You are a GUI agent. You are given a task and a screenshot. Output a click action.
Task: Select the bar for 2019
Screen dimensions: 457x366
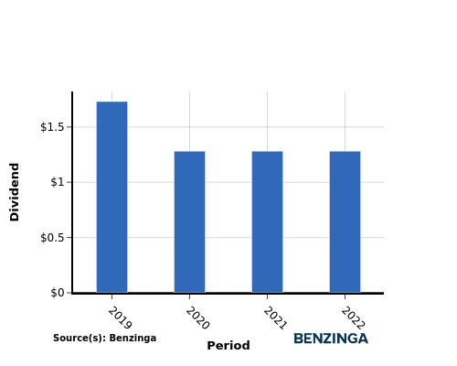pos(112,197)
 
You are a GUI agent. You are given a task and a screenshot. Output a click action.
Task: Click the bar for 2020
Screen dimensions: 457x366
pos(189,222)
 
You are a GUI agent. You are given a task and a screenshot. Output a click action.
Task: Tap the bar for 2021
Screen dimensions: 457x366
pos(267,222)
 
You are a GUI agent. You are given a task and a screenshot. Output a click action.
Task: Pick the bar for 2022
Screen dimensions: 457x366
pos(345,222)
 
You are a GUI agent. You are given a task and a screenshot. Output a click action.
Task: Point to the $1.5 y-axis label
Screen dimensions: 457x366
pos(52,127)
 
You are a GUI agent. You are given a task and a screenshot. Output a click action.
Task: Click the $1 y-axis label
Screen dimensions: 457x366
pos(58,182)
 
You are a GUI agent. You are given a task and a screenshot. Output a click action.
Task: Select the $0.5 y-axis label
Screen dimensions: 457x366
pos(52,237)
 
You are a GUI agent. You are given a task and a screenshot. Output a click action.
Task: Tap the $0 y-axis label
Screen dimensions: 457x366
pos(58,293)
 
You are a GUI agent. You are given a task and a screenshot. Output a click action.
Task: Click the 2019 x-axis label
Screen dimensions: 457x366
pos(120,318)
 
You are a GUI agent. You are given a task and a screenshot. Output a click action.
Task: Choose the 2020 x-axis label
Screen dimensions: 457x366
pos(197,318)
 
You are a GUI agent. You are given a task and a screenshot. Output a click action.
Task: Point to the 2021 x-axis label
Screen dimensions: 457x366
pos(275,318)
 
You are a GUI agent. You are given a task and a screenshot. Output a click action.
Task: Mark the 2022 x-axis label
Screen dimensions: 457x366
pos(353,318)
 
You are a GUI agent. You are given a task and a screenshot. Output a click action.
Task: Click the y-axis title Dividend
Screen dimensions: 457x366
pos(15,192)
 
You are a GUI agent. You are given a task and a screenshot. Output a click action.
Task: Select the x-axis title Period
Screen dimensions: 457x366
pos(228,346)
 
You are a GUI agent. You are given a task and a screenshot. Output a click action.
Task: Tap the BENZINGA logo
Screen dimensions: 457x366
pos(331,339)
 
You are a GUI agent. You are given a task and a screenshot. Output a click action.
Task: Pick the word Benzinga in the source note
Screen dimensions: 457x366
pos(133,338)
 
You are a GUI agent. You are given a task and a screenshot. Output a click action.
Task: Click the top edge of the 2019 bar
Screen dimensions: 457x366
pos(112,102)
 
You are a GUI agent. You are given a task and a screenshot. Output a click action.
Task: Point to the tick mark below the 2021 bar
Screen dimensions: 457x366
pos(267,296)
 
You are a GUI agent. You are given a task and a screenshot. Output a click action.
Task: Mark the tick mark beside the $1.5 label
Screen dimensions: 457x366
pos(69,127)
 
